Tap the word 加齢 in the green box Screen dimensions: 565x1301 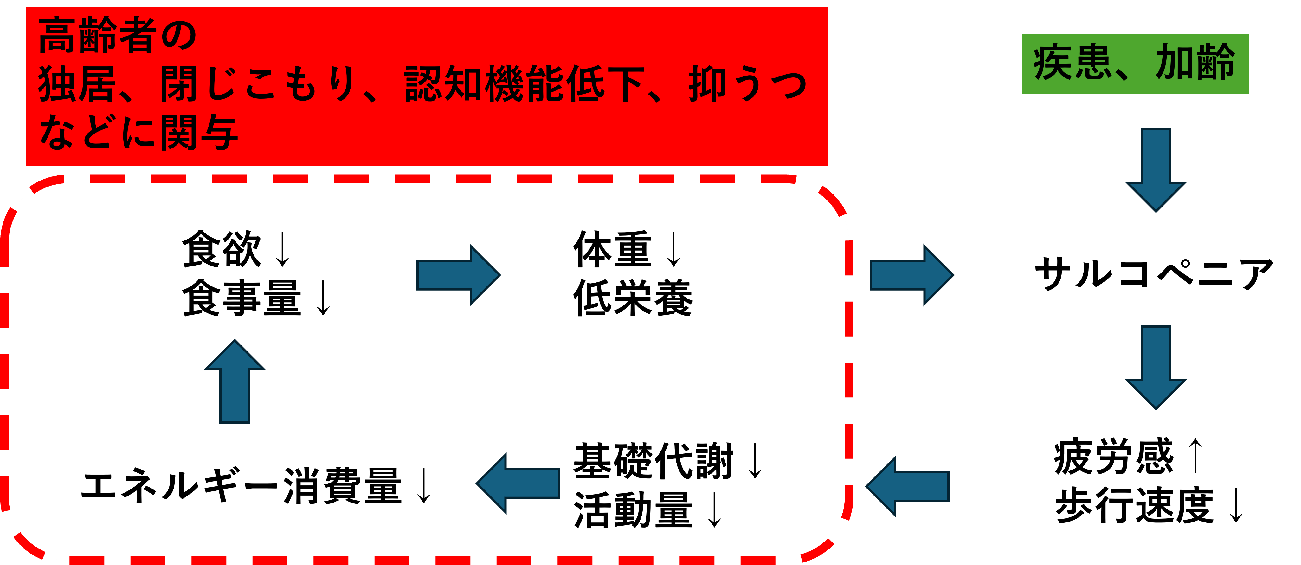coord(1195,63)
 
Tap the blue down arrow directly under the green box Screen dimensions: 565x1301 coord(1156,170)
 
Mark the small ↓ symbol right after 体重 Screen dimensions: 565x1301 coord(673,250)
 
